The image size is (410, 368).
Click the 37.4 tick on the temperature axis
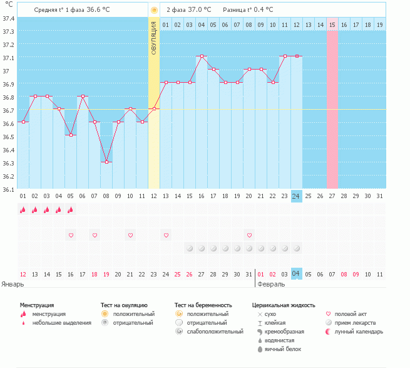tap(8, 18)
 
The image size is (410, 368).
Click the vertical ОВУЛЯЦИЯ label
tap(154, 39)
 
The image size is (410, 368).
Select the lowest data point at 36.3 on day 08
tap(106, 162)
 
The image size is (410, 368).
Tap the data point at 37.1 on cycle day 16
tap(202, 56)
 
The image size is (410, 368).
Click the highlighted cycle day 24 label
tap(296, 196)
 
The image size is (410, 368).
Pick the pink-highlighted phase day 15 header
tap(332, 24)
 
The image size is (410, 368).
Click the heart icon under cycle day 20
tap(249, 235)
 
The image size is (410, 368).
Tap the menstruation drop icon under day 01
tap(23, 210)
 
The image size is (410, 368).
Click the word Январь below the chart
tap(12, 284)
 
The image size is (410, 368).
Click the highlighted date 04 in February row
tap(296, 274)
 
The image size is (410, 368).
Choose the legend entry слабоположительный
tap(214, 331)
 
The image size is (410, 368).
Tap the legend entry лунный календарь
tap(359, 331)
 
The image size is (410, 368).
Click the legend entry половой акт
tap(351, 313)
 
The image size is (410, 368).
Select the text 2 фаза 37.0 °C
tap(189, 10)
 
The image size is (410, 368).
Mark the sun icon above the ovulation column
tap(154, 10)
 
